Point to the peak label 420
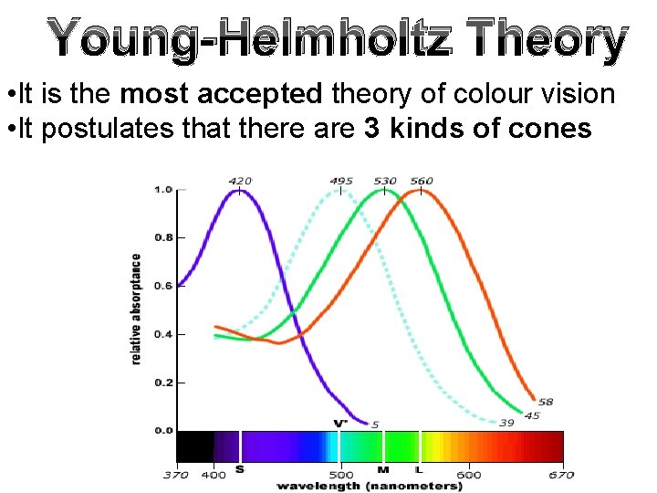point(240,181)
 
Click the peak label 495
point(340,181)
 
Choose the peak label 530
point(384,181)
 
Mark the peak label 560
point(421,181)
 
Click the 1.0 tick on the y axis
point(163,190)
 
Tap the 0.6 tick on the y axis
point(163,286)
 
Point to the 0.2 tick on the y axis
point(163,382)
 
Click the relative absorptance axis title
point(137,309)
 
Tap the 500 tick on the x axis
point(340,474)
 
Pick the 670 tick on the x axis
point(561,474)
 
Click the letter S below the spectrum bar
point(239,469)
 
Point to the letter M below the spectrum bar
point(383,469)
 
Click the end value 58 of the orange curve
point(545,402)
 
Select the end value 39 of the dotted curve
point(506,423)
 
